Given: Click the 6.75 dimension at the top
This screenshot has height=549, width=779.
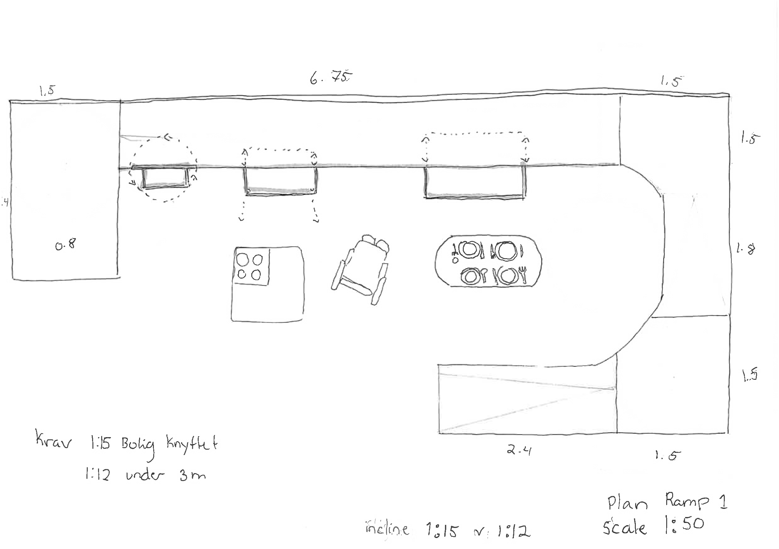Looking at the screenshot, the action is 331,78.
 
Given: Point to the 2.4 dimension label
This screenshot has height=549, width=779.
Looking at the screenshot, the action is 519,451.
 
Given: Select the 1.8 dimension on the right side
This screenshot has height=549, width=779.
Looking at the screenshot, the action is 746,250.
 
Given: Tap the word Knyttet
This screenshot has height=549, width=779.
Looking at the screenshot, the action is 192,443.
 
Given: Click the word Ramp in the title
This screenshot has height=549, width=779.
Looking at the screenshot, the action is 687,501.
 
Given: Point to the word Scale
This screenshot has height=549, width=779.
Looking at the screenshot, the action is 624,527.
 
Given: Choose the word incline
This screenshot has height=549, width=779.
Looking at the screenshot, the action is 387,529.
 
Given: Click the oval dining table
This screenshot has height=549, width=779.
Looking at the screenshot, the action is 488,261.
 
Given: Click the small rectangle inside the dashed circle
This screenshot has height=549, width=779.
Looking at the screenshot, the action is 165,177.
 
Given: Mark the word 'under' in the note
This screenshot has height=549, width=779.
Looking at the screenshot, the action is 145,476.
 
